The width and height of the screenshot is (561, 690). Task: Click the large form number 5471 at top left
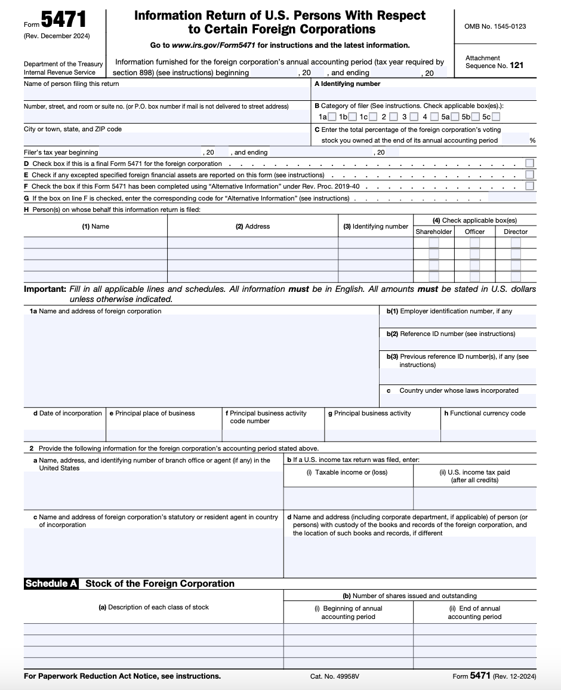point(63,21)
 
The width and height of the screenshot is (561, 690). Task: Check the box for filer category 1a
point(332,117)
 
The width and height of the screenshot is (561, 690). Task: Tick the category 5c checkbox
point(496,117)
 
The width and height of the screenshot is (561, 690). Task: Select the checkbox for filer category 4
point(434,117)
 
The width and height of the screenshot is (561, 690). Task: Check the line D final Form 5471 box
point(529,163)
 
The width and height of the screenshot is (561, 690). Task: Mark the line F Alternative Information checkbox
point(529,186)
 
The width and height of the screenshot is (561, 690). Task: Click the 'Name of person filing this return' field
point(167,94)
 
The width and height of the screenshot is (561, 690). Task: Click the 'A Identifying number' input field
point(424,94)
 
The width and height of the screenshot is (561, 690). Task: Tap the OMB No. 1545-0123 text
point(495,27)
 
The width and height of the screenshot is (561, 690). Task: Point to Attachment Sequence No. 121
point(494,62)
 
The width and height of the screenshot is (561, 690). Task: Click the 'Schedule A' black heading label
point(51,584)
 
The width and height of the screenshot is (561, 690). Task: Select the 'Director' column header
point(516,232)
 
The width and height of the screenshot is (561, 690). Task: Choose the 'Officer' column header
point(474,232)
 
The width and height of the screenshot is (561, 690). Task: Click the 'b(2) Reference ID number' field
point(458,344)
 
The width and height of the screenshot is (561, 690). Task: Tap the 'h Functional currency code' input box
point(488,435)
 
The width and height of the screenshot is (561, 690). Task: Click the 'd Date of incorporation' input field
point(64,435)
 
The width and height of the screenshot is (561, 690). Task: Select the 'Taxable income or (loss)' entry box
point(348,498)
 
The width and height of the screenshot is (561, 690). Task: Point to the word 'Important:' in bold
point(45,289)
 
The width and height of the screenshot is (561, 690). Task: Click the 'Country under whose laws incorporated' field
point(458,401)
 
